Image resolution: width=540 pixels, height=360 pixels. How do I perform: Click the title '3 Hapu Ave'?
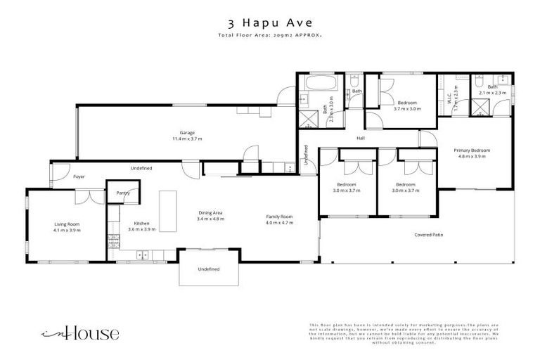[270, 23]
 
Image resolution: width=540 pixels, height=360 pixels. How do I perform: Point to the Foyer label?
[79, 176]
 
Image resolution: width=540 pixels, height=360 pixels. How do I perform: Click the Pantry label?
[122, 192]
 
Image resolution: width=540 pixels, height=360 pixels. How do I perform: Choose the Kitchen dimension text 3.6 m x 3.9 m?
[141, 229]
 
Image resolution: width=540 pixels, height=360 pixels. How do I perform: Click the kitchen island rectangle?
[168, 211]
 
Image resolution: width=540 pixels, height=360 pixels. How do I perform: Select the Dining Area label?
[211, 216]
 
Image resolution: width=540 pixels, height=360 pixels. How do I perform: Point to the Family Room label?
[278, 219]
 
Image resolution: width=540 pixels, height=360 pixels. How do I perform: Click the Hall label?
[359, 137]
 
